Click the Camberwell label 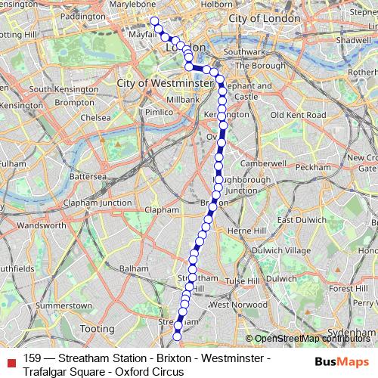(x=263, y=163)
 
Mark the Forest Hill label (x=348, y=289)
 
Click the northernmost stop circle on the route (x=154, y=21)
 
